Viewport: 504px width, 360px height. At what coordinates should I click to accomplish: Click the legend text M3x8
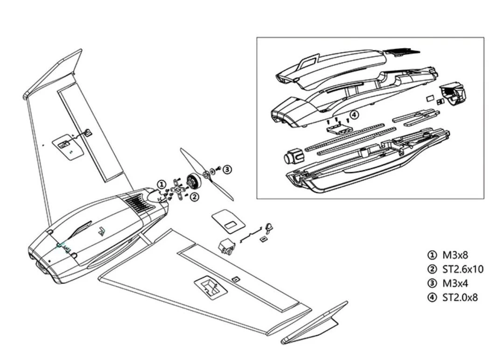tap(455, 255)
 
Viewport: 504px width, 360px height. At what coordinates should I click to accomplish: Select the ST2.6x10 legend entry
tap(462, 269)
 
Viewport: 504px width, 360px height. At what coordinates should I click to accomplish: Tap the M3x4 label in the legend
tap(455, 283)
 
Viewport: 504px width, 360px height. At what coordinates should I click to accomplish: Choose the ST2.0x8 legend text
tap(460, 297)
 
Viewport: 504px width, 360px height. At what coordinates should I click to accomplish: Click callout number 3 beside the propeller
tap(227, 169)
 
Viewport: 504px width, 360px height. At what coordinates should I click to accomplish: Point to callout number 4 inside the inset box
tap(354, 114)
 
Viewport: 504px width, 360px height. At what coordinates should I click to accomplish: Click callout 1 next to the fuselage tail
tap(161, 184)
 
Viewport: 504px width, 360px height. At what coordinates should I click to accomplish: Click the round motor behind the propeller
tap(192, 181)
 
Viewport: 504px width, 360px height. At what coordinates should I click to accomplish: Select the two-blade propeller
tap(205, 174)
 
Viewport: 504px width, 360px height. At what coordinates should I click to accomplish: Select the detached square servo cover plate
tap(227, 220)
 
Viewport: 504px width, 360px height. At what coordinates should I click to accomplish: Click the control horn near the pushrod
tap(269, 228)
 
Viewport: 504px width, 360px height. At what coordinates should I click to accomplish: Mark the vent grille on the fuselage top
tap(135, 202)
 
